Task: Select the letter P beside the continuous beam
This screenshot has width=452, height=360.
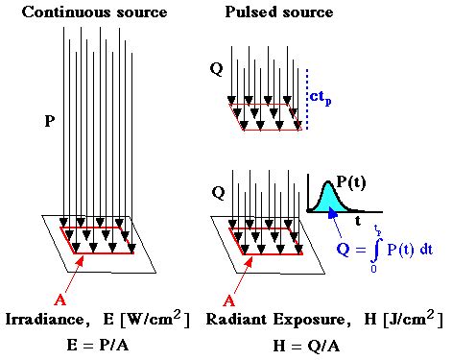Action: tap(50, 122)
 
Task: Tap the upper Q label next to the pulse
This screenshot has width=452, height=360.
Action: tap(217, 69)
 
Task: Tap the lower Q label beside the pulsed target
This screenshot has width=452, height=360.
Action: tap(217, 191)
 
